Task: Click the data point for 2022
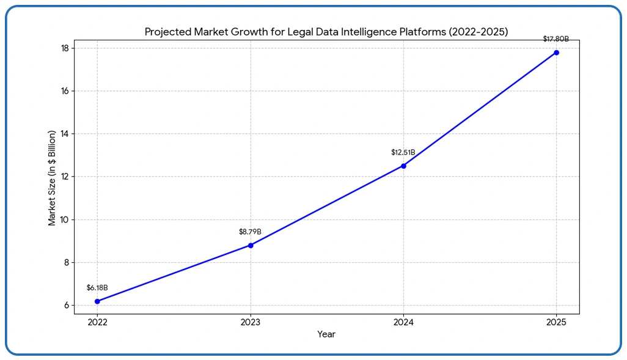[x=97, y=301]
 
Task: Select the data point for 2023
[x=251, y=245]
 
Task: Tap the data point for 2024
[x=403, y=166]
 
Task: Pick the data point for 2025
[x=556, y=53]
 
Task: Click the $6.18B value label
[x=97, y=287]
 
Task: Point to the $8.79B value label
[x=250, y=232]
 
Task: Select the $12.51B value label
[x=403, y=152]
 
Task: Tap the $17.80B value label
[x=556, y=39]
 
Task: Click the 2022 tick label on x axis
[x=97, y=321]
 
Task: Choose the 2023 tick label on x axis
[x=251, y=321]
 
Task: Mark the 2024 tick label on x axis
[x=403, y=321]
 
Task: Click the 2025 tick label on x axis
[x=556, y=321]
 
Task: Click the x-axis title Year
[x=326, y=334]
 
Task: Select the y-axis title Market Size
[x=52, y=178]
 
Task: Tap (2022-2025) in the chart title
[x=477, y=32]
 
